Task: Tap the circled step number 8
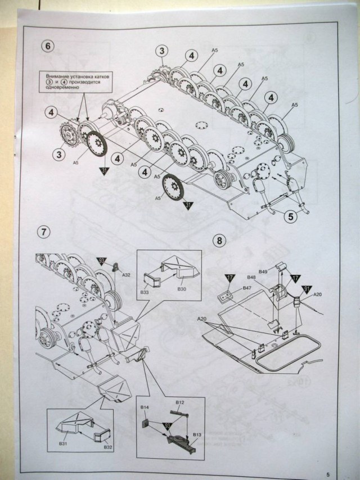220,241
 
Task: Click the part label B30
181,288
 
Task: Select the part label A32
127,275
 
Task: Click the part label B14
144,406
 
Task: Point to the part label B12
180,402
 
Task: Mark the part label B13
197,435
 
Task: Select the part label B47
247,288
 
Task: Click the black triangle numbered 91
306,289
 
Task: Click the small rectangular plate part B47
227,296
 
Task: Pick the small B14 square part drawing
146,418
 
